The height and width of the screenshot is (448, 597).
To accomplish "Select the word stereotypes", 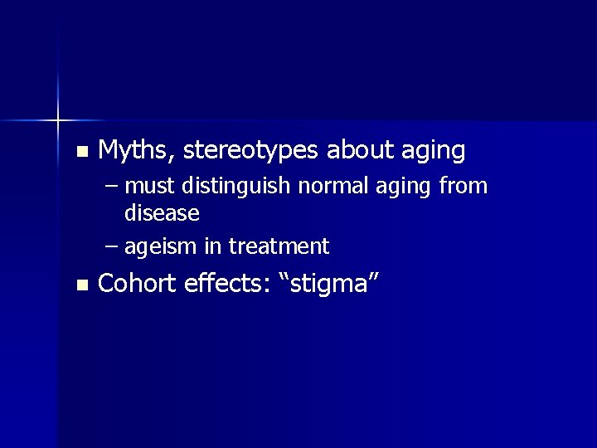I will [251, 151].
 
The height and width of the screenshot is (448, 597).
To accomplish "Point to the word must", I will [151, 187].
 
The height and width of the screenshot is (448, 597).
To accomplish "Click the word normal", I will [327, 186].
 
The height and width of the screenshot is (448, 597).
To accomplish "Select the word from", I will [463, 186].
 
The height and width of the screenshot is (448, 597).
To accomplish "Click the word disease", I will [162, 214].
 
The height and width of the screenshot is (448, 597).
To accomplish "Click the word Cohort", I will [137, 283].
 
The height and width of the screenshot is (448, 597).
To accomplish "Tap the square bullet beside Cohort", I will [80, 285].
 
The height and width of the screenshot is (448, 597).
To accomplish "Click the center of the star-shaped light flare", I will [57, 121].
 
